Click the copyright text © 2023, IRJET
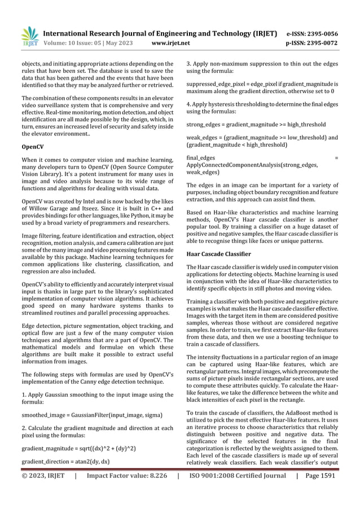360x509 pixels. pyautogui.click(x=43, y=476)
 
